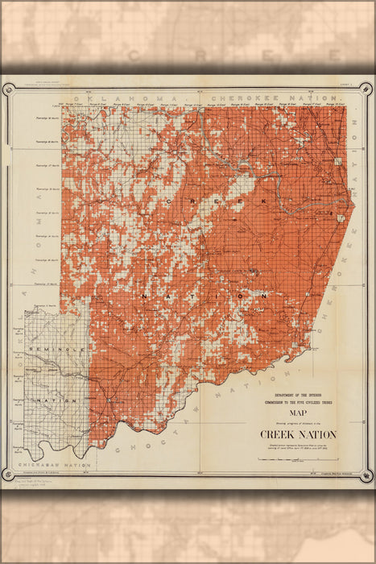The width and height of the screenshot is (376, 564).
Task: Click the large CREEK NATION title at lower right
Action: pos(297,434)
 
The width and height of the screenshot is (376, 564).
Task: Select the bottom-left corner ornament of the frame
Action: pos(9,480)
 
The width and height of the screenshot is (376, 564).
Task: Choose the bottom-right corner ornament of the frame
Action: pos(367,480)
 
